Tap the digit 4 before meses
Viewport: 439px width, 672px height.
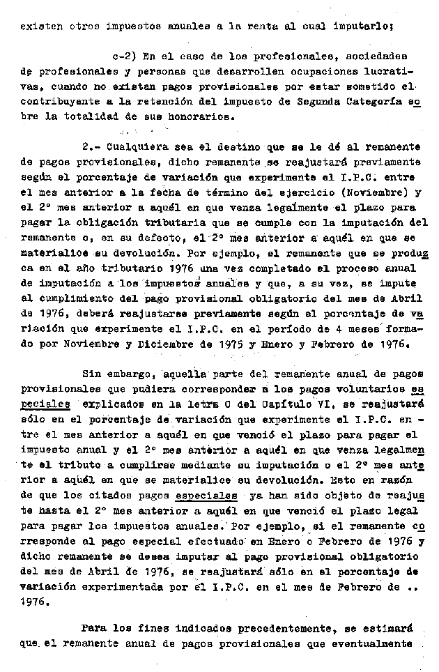point(343,328)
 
